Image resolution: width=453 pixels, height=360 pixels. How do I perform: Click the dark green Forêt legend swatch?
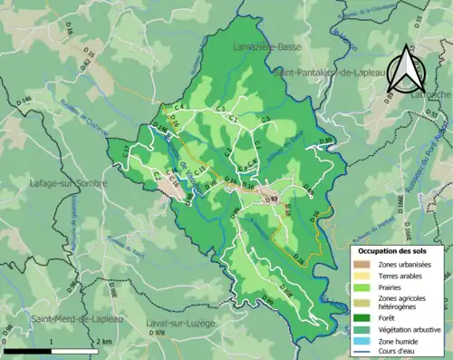362,316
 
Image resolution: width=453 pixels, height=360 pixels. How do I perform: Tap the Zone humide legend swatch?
362,338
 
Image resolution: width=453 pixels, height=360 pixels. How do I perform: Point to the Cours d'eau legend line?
362,349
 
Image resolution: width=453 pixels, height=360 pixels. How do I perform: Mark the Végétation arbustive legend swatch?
362,327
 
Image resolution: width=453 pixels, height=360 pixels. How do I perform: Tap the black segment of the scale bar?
27,350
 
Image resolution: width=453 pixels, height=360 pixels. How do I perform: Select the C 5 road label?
265,120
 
